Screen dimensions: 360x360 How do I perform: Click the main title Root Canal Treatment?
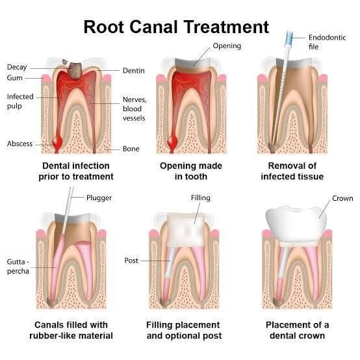[176, 27]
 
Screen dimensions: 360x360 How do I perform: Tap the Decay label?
[17, 67]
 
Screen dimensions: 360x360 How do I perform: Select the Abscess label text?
[19, 144]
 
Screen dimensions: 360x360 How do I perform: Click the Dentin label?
[134, 70]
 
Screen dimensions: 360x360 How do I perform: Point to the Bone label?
[131, 149]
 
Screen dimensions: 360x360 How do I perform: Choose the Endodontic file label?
[327, 42]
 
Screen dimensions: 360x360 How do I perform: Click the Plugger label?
[99, 198]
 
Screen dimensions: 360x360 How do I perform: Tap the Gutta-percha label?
[18, 266]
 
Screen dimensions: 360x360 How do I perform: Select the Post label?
[131, 261]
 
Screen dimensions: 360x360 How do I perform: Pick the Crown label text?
[342, 198]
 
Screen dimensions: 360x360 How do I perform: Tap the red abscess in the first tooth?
[57, 142]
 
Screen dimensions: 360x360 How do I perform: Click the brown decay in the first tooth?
[75, 71]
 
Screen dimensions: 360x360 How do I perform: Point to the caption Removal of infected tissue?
[292, 171]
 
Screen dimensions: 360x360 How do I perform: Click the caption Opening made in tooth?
[191, 171]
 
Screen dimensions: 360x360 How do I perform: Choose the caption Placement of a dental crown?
[297, 330]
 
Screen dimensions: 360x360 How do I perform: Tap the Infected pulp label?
[20, 101]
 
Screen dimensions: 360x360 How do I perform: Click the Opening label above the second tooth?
[227, 46]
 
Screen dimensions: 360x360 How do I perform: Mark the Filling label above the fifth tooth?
[200, 198]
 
